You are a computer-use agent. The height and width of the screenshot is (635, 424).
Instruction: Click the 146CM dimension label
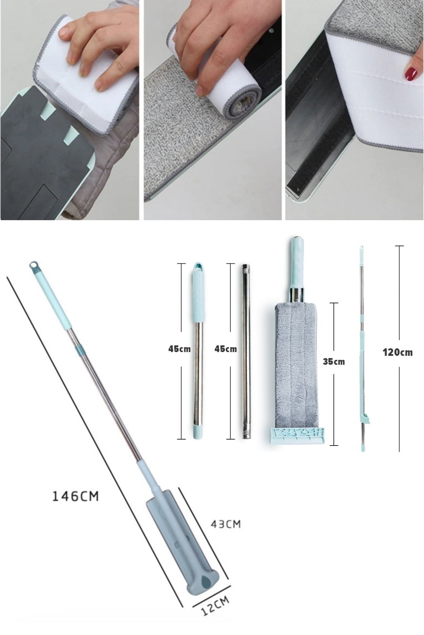point(76,496)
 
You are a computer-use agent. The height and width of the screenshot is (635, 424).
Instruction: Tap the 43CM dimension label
point(225,524)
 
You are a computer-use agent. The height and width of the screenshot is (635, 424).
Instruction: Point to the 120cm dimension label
point(397,352)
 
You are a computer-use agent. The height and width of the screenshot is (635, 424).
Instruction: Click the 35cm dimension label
point(334,362)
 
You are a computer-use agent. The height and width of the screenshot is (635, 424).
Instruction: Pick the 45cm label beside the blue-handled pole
point(179,349)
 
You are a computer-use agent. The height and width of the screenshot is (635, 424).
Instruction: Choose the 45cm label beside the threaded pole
point(225,349)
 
